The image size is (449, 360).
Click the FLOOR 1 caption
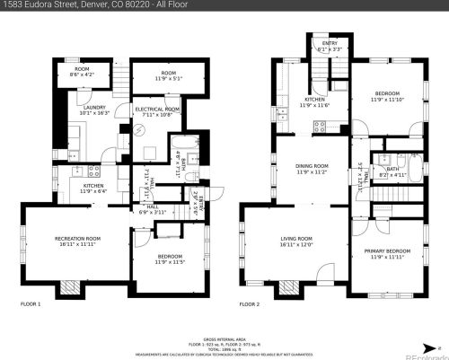31,304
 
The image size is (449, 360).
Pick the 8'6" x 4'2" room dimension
82,75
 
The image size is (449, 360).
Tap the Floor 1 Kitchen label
93,185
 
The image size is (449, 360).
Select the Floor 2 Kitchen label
318,100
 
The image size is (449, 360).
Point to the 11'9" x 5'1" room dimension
168,79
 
